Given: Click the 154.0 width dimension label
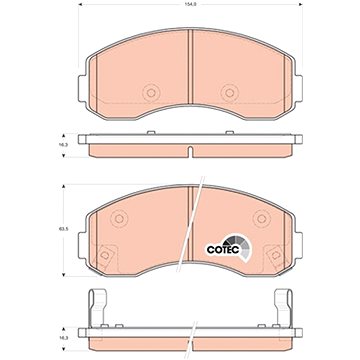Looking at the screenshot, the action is point(190,5).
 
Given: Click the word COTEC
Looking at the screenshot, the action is point(223,250).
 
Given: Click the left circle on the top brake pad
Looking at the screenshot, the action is point(151,93).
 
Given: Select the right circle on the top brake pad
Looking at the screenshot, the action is point(230,93).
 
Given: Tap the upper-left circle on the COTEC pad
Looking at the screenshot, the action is point(119,219).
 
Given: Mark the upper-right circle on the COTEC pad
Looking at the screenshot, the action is point(262,219).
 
